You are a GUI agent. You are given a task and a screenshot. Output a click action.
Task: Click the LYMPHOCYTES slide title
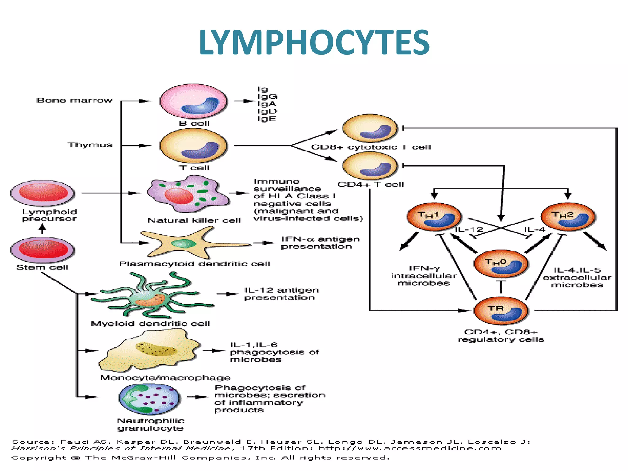(314, 42)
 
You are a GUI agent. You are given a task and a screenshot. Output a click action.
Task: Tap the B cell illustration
(193, 101)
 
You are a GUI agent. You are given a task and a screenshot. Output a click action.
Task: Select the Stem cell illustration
(43, 249)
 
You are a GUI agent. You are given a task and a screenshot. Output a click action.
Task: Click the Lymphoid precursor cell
(43, 193)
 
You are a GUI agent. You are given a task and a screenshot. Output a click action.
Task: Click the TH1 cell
(434, 217)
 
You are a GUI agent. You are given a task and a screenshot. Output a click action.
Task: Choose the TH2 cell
(568, 217)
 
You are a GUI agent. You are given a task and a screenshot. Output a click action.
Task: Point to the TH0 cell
(501, 264)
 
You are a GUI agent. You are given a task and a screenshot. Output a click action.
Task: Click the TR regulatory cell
(501, 311)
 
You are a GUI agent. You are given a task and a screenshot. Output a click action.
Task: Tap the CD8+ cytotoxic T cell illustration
(370, 128)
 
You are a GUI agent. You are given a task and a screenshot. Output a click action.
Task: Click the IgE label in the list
(267, 119)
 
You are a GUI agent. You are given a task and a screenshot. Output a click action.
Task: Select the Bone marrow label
(75, 101)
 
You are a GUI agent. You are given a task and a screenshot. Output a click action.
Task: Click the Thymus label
(90, 145)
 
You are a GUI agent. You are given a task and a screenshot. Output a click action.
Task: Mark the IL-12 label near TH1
(469, 229)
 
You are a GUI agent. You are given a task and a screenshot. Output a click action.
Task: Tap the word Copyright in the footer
(39, 458)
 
